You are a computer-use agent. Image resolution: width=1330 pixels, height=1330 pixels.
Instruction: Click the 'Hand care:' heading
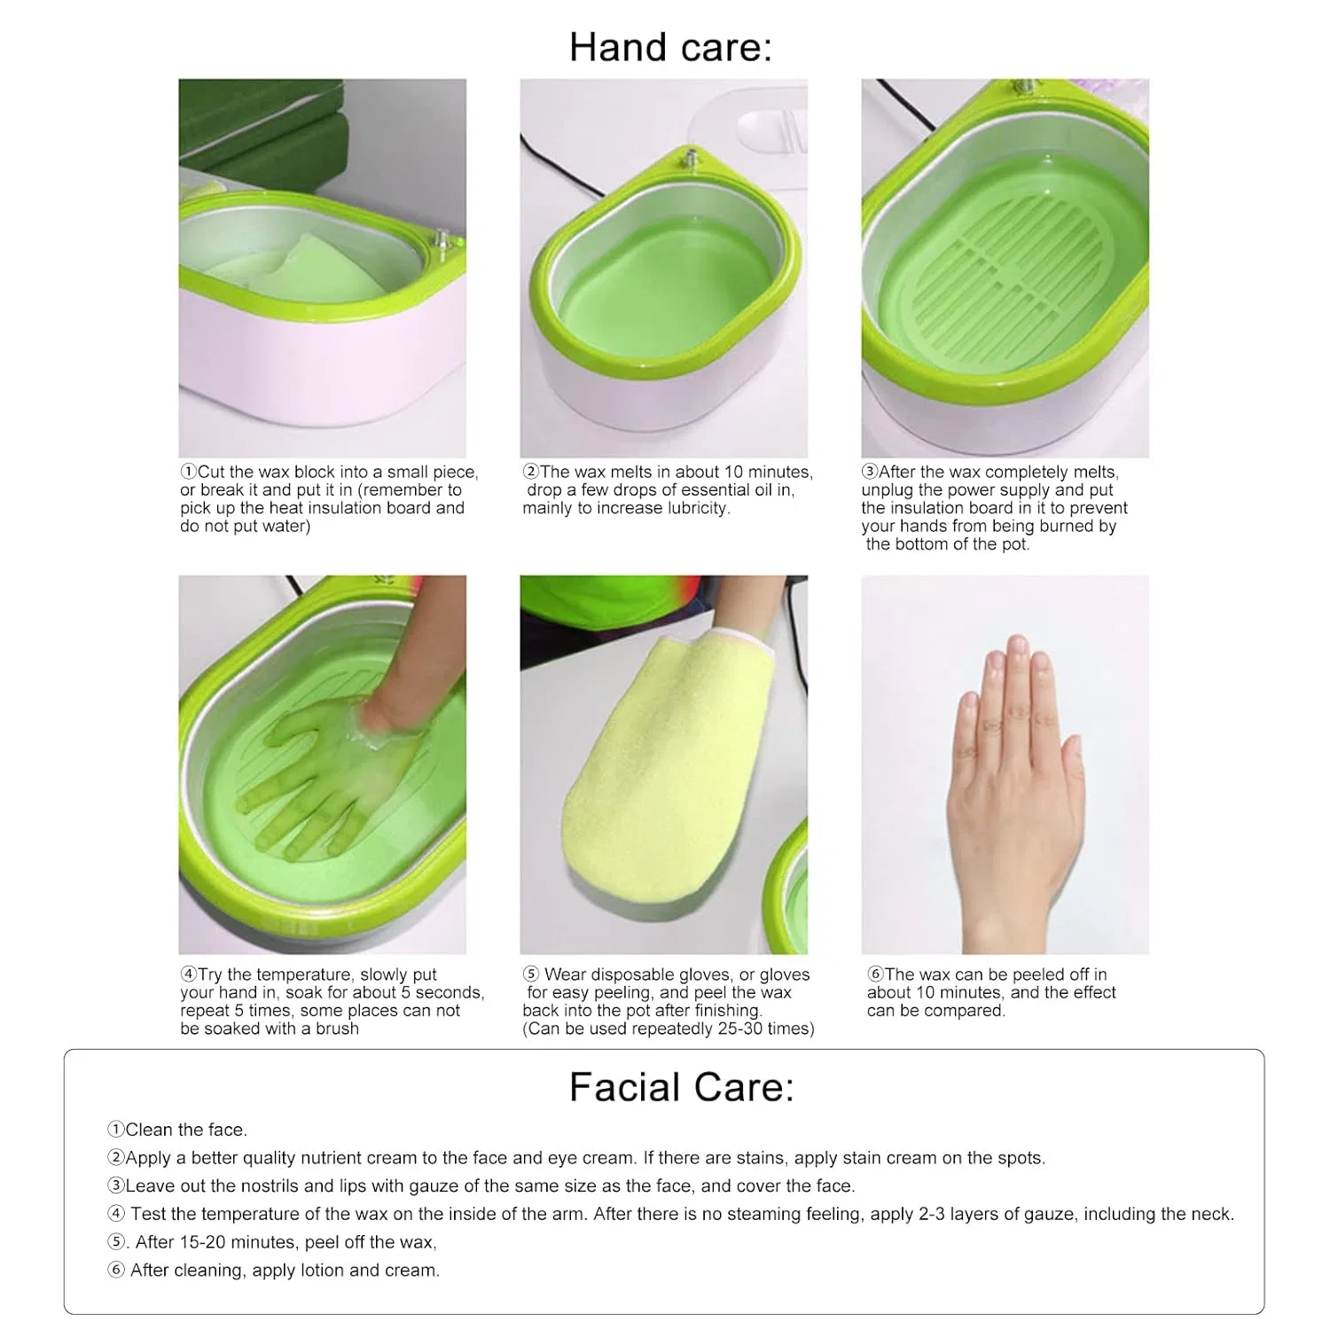click(670, 47)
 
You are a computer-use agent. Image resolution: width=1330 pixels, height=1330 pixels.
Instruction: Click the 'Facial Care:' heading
click(681, 1087)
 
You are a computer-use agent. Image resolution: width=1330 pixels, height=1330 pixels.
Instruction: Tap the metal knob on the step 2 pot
click(688, 159)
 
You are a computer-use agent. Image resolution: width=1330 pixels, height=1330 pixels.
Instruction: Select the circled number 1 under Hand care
click(188, 472)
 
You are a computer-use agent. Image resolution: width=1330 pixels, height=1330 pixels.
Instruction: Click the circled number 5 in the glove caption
click(530, 974)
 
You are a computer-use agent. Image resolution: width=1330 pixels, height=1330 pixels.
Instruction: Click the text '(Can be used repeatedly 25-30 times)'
click(669, 1029)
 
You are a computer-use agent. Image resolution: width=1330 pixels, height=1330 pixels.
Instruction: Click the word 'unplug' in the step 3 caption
click(888, 490)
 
